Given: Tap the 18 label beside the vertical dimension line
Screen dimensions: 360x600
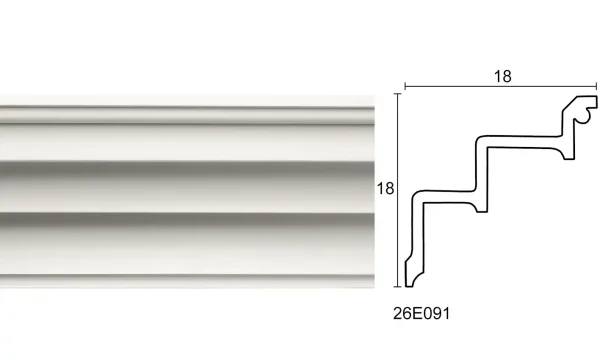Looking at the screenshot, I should click(x=385, y=187).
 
